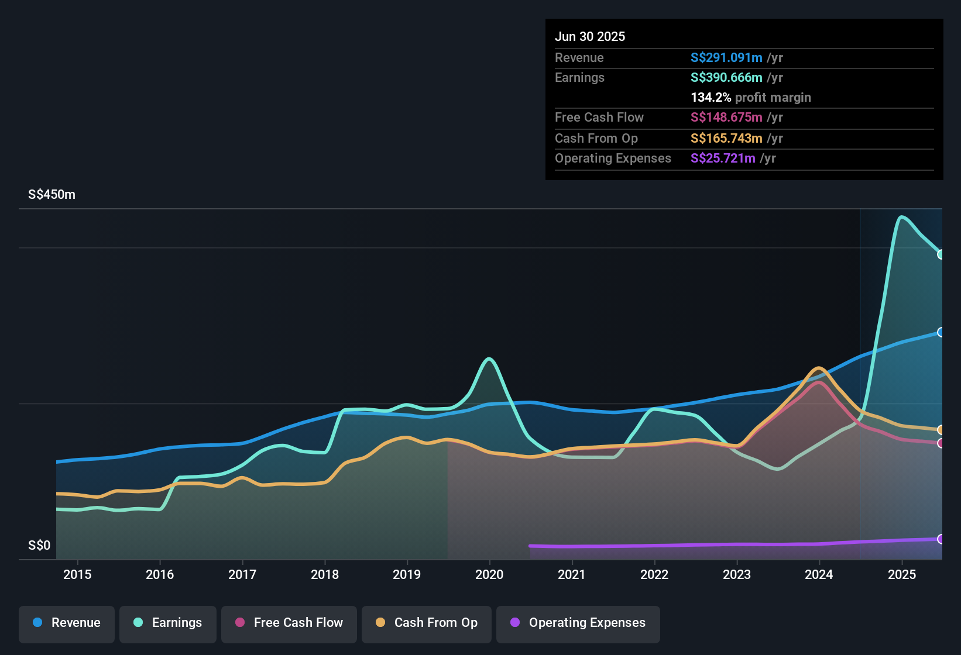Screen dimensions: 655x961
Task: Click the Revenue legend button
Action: [x=67, y=623]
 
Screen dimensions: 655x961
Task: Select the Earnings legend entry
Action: [x=168, y=623]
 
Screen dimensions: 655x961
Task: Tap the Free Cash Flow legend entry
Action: [x=289, y=623]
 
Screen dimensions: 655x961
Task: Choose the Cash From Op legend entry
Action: [x=427, y=623]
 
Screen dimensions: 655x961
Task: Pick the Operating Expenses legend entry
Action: [x=578, y=623]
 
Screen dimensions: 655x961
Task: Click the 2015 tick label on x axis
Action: [x=77, y=574]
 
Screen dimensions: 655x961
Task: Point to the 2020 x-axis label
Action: [x=489, y=574]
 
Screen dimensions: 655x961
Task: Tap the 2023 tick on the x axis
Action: [x=737, y=574]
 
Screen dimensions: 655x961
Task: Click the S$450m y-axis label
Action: [x=52, y=195]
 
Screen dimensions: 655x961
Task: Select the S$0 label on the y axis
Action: [x=39, y=546]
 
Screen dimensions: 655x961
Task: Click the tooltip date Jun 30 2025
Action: [x=590, y=36]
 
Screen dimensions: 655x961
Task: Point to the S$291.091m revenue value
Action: [x=726, y=57]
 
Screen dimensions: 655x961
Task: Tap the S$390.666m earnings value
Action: [x=726, y=77]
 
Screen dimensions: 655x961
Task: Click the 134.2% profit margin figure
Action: [x=711, y=97]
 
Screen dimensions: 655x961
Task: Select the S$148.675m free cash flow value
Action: [x=726, y=117]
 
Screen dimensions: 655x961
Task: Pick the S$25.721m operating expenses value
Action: [x=723, y=158]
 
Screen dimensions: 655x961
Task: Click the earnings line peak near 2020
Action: [x=489, y=359]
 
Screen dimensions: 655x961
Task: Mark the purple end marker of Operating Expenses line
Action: [x=941, y=539]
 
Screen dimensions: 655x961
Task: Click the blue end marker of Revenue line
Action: [x=941, y=332]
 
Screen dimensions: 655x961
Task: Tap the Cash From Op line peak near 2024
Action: [x=818, y=368]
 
